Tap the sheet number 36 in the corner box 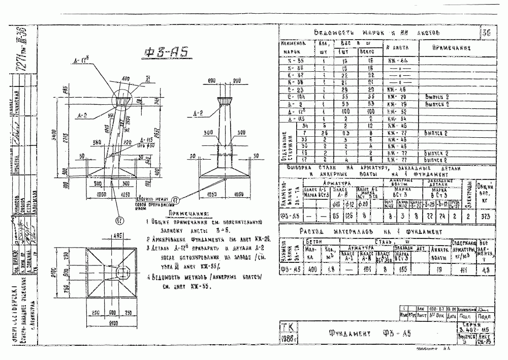click(x=487, y=33)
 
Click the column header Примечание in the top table click(x=451, y=48)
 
